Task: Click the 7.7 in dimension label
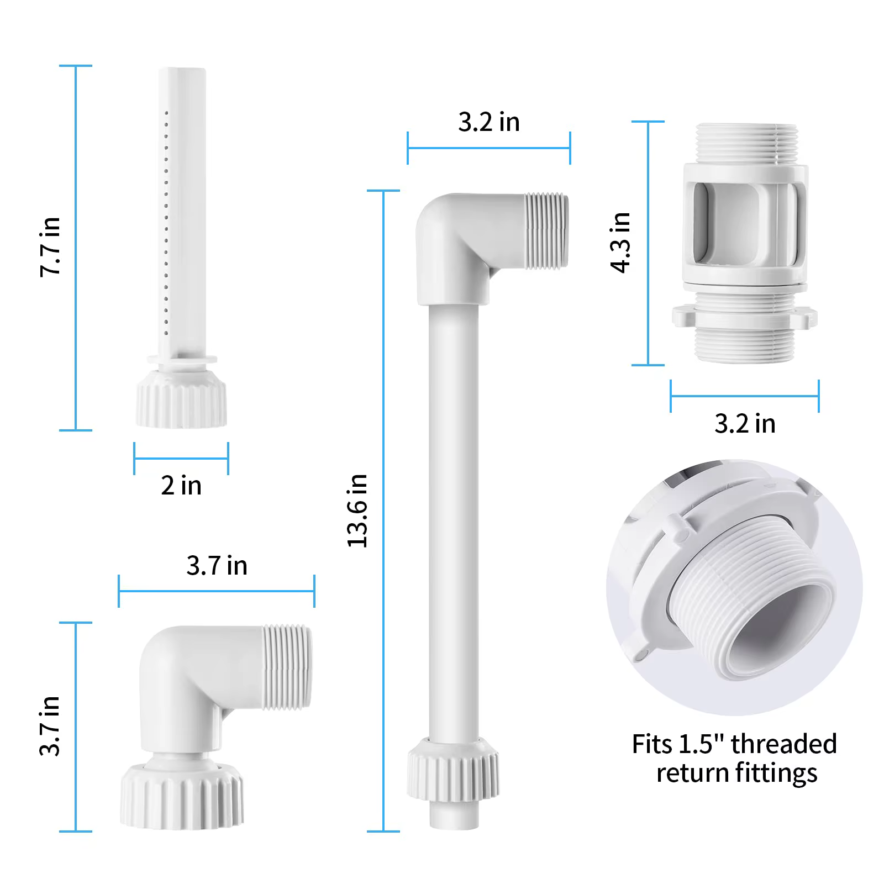(50, 246)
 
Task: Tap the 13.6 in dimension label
(357, 511)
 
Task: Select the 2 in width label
(181, 485)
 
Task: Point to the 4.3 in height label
(620, 242)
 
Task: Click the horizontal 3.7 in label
(217, 565)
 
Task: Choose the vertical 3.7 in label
(50, 725)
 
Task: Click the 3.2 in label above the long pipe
(489, 122)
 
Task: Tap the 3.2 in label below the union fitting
(745, 424)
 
